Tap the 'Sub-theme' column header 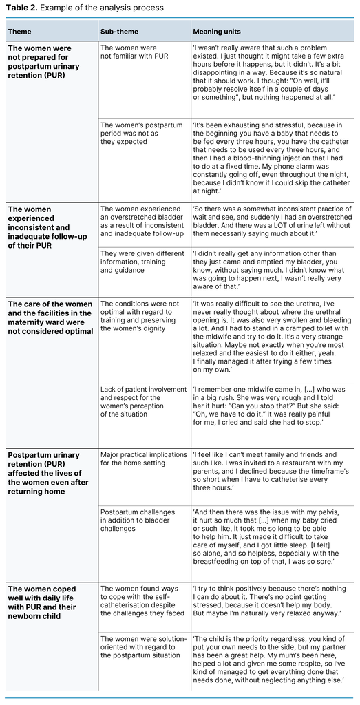coord(118,31)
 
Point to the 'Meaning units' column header coord(218,31)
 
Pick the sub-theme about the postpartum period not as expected coord(135,133)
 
